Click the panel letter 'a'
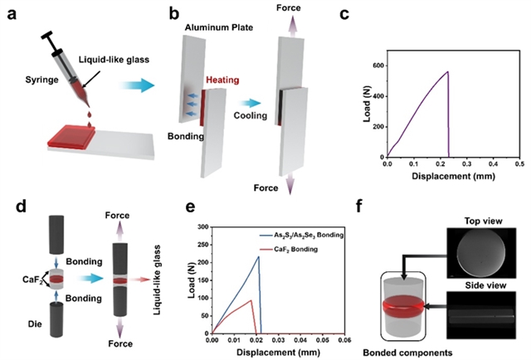click(x=11, y=15)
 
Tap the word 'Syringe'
click(x=41, y=80)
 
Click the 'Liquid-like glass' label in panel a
click(x=114, y=60)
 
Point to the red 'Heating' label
click(x=222, y=80)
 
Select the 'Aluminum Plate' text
click(x=219, y=27)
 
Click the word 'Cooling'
click(x=251, y=115)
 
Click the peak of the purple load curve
click(x=448, y=71)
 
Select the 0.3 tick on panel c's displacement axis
click(x=466, y=164)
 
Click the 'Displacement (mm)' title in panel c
click(x=453, y=176)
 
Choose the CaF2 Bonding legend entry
click(x=289, y=250)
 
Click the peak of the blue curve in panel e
click(x=259, y=256)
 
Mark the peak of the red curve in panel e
click(x=251, y=300)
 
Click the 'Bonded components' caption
click(x=407, y=353)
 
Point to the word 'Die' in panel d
click(x=35, y=324)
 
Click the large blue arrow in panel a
click(x=137, y=85)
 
